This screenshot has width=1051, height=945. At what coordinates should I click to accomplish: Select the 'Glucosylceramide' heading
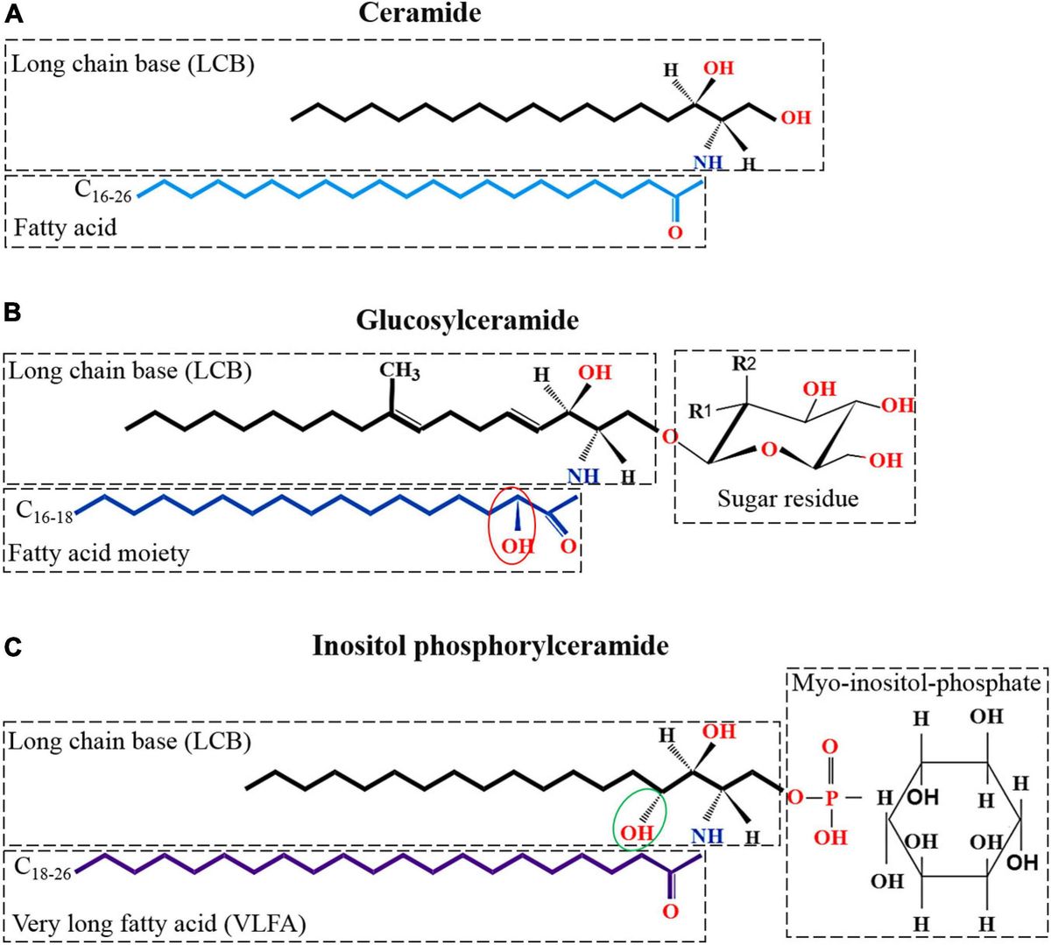click(x=467, y=320)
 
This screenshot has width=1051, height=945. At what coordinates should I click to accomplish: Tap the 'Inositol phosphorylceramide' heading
click(x=490, y=646)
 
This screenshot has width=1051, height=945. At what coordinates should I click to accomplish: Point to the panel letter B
click(x=14, y=312)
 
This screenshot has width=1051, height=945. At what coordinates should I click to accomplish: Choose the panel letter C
click(x=14, y=647)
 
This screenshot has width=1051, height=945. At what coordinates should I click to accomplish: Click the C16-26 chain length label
click(x=102, y=191)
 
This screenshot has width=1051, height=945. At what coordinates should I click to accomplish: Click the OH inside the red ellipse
click(x=517, y=547)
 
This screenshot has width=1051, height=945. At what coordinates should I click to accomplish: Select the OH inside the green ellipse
click(x=637, y=832)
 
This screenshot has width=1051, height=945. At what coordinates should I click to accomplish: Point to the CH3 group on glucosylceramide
click(x=399, y=370)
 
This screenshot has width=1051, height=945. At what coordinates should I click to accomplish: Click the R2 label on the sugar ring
click(x=744, y=363)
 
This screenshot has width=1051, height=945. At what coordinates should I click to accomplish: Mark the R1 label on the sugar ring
click(x=701, y=410)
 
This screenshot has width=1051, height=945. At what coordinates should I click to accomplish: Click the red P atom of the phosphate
click(x=830, y=798)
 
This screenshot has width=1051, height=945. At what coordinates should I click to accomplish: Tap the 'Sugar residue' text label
click(x=787, y=499)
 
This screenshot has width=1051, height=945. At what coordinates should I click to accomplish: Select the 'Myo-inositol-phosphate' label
click(x=916, y=683)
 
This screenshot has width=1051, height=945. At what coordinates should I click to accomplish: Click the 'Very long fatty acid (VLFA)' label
click(x=159, y=923)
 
